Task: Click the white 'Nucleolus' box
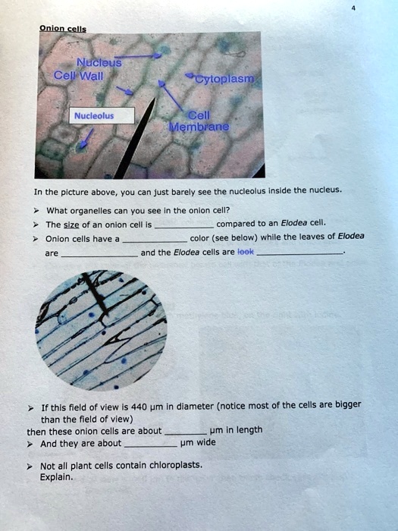tap(94, 116)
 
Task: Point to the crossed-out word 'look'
tap(246, 251)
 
